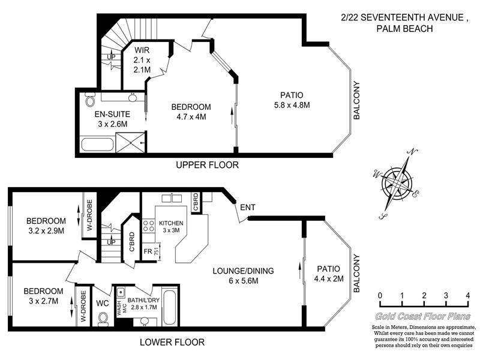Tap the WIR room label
(142, 50)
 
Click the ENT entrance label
(248, 208)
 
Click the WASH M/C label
(119, 308)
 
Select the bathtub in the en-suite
(96, 144)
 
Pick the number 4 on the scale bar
(467, 296)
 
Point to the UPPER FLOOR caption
(207, 165)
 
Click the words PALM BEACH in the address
(406, 28)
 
